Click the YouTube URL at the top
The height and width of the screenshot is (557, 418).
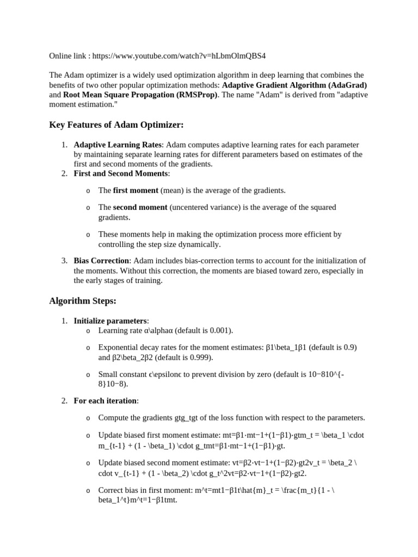(x=179, y=56)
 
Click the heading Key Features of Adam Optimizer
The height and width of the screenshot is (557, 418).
(x=116, y=125)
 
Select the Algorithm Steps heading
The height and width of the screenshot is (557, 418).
(x=83, y=300)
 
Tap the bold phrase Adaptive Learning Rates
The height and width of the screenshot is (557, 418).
(x=118, y=145)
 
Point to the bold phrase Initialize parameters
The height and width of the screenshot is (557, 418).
(x=110, y=320)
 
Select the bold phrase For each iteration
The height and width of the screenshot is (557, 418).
(x=106, y=401)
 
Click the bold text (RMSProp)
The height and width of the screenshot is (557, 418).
(x=188, y=94)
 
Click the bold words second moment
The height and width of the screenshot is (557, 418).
(x=140, y=207)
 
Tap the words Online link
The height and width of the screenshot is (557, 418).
(x=67, y=56)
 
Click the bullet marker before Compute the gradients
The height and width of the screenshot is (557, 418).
(x=88, y=418)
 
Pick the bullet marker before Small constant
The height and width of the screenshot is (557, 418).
(x=88, y=375)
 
